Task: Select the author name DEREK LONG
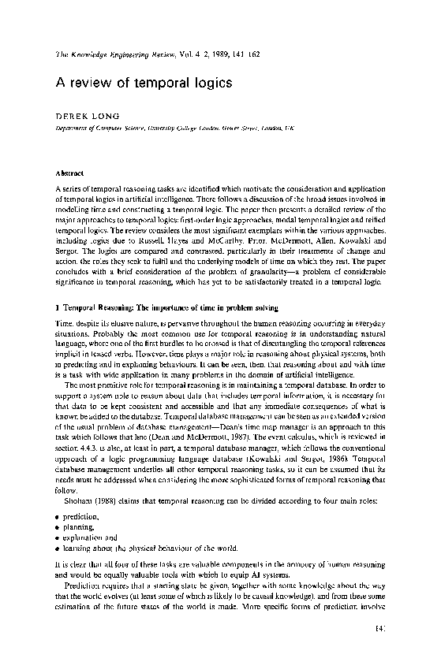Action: point(84,114)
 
